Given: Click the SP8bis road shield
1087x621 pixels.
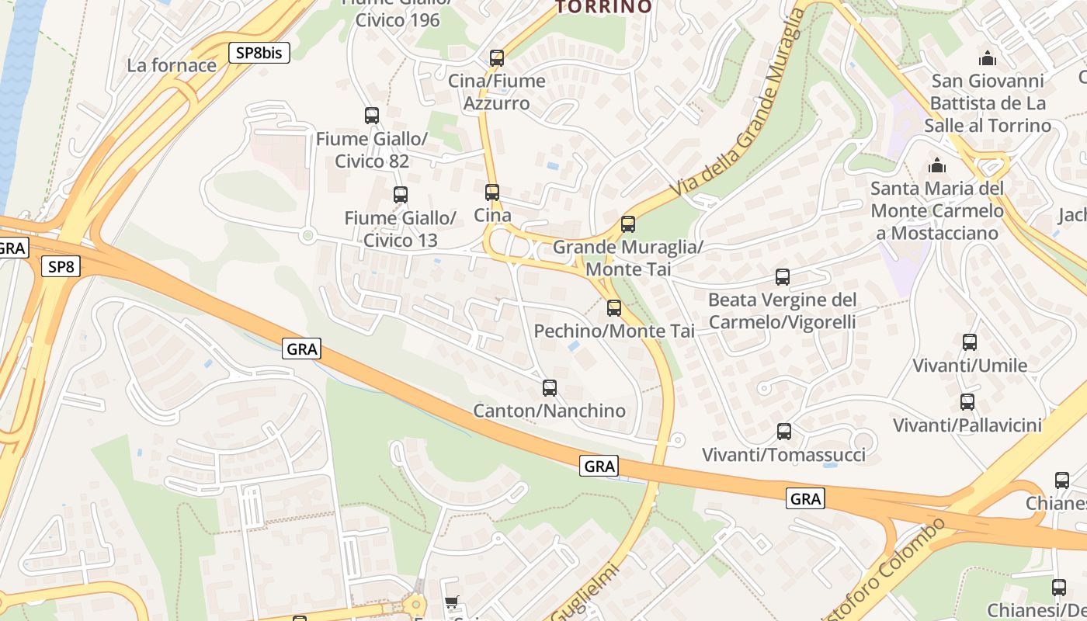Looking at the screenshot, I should [259, 53].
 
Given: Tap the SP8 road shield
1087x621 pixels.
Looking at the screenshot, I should [61, 267].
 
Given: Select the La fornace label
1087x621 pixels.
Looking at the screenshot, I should [172, 65].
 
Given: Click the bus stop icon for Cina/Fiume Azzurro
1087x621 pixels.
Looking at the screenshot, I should [497, 58].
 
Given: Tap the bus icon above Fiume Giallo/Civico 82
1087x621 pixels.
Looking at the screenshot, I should [372, 116].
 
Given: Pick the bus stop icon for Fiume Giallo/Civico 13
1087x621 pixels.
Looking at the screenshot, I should [401, 195].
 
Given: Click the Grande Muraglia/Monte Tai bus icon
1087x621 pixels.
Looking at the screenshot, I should [628, 224].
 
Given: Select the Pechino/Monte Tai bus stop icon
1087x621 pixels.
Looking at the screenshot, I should [614, 308].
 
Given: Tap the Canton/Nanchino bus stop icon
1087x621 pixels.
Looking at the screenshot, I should [550, 387].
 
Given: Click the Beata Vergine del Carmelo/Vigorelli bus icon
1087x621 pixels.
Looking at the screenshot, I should [783, 277].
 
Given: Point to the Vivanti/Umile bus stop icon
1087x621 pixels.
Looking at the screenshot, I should [970, 342].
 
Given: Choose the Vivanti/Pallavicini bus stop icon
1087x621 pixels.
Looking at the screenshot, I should [967, 402].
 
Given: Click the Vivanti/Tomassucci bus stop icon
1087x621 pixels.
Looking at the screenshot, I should [784, 432].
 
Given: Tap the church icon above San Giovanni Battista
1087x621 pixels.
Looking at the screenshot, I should [988, 58].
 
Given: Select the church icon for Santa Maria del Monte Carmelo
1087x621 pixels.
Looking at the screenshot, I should [937, 165].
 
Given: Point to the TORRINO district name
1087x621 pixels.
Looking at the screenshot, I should [605, 7].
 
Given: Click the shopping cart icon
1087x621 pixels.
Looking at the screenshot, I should [452, 602].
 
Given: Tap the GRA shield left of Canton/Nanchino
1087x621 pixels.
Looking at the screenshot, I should [302, 349].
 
